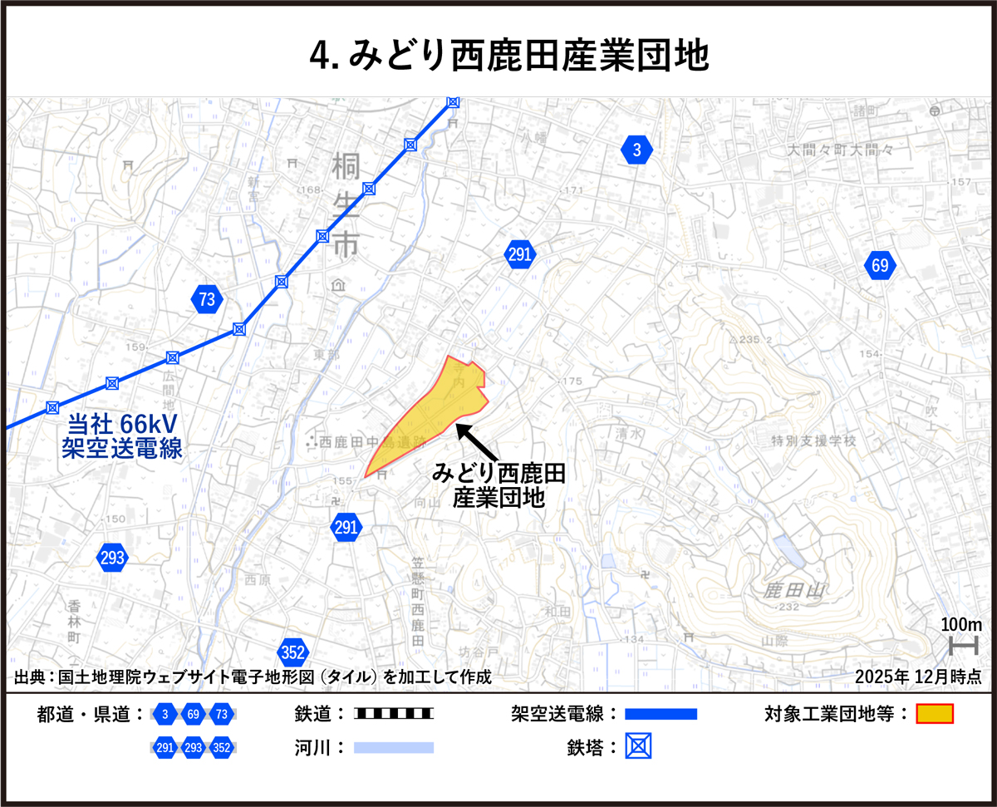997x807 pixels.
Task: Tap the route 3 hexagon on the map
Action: click(636, 150)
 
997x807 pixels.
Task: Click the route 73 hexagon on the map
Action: click(207, 299)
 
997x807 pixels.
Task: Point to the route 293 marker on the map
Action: click(112, 558)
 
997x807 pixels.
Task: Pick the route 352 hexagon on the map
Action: click(293, 652)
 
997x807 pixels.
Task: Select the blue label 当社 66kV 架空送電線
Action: click(122, 436)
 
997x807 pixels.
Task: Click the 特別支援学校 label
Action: click(813, 441)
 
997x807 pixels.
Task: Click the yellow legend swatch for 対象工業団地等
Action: click(935, 714)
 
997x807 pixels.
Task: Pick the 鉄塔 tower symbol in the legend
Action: click(638, 746)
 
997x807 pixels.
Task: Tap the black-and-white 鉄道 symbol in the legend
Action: click(394, 714)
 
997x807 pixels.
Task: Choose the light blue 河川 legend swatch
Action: click(394, 747)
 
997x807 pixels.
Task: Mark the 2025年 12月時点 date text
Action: click(918, 677)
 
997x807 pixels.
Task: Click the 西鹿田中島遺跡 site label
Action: click(371, 441)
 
